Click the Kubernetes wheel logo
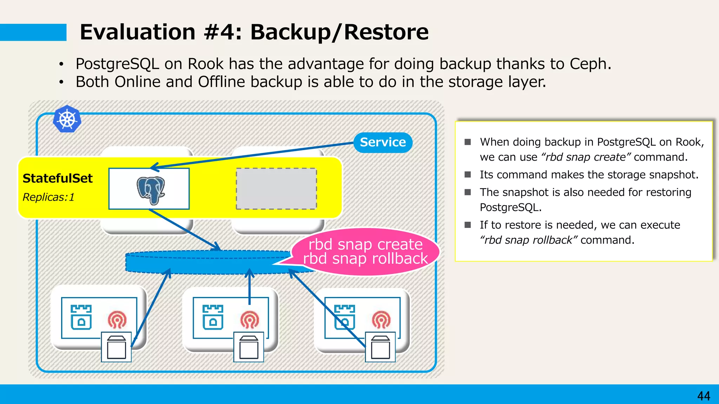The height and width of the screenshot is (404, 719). (x=67, y=119)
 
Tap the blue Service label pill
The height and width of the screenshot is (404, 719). (x=383, y=142)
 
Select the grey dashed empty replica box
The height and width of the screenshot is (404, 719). (x=276, y=189)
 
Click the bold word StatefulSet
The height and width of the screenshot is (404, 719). (x=58, y=179)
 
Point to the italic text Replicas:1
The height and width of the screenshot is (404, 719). (x=48, y=197)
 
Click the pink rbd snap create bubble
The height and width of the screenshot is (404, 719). (x=365, y=251)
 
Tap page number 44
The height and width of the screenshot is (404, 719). (x=704, y=396)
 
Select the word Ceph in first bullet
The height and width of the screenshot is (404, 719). (x=590, y=64)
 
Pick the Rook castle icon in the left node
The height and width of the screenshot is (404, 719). (x=81, y=317)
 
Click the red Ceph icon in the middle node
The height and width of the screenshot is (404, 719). (x=249, y=320)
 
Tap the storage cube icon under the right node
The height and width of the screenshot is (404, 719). (x=380, y=347)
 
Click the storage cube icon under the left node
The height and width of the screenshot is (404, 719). (x=116, y=347)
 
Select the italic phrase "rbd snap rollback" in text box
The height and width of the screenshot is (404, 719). (x=528, y=240)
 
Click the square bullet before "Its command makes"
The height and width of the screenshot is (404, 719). (x=468, y=175)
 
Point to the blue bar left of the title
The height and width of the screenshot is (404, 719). (x=33, y=32)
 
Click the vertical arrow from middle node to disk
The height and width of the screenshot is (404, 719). (x=249, y=286)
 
